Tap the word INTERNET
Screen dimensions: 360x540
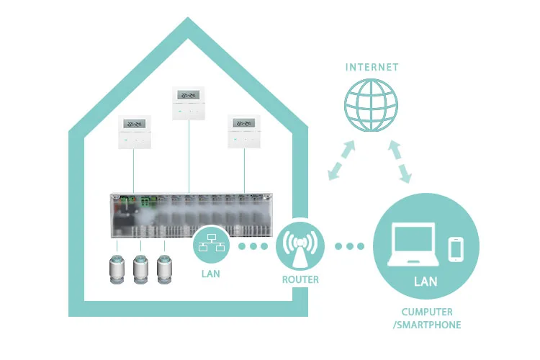372,68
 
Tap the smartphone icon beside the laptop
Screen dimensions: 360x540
456,249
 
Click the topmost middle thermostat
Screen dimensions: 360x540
189,104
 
